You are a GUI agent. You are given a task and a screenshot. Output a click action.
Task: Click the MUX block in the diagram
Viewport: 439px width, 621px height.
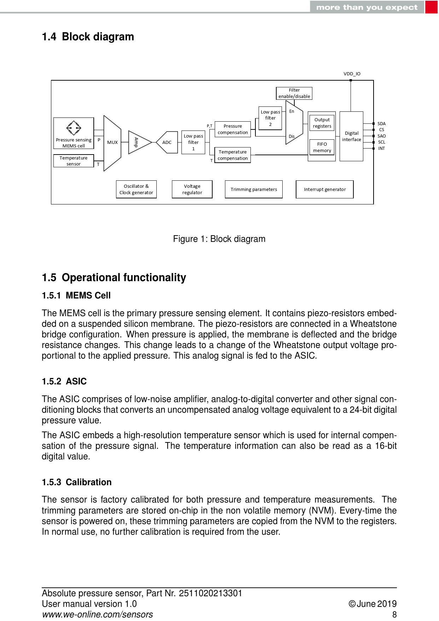point(112,143)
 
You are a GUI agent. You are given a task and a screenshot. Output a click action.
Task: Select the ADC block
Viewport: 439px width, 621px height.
point(167,143)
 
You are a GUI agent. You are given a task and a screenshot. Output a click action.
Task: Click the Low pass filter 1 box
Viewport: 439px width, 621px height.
point(193,143)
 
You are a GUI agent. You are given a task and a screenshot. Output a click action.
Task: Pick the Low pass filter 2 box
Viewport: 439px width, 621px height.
point(270,118)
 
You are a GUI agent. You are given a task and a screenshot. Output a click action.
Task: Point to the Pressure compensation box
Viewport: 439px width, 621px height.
point(232,129)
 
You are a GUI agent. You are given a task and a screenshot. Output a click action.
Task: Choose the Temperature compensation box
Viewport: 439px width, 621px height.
point(232,155)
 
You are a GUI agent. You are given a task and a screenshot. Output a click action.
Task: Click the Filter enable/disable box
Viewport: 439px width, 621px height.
point(294,93)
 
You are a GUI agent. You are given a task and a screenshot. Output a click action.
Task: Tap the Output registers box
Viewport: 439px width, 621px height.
point(322,123)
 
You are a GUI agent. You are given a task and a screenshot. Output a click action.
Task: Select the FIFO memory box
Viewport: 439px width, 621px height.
point(322,147)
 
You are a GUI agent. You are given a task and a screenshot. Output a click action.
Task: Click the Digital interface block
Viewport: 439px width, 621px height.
point(351,137)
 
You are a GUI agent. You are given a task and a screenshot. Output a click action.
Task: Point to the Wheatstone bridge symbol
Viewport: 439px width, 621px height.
point(74,128)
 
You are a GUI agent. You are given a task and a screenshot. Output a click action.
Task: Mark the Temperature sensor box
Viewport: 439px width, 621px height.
point(74,161)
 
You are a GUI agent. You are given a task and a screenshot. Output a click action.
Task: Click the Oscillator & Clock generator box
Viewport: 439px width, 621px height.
point(136,190)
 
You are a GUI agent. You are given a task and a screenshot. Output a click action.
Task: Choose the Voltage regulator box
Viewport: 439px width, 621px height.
point(192,190)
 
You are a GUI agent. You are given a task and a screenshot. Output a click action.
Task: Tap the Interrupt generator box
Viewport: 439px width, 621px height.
point(324,190)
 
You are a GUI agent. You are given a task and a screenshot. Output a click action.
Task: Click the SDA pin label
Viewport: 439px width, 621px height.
point(381,124)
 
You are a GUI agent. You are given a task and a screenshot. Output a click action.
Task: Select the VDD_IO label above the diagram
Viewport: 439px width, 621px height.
point(352,74)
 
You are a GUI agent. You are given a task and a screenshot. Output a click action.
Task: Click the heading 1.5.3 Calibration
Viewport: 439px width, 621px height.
point(77,482)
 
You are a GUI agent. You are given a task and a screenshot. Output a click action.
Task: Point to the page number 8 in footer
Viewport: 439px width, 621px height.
point(394,615)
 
